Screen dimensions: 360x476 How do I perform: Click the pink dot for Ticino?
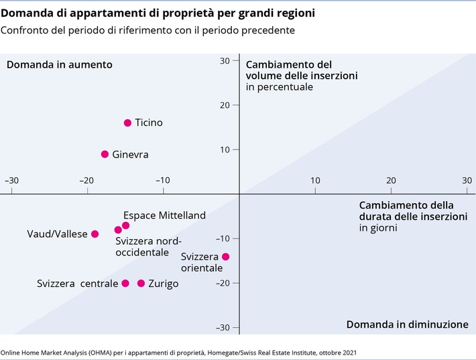coord(127,123)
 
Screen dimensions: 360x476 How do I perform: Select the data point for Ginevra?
coord(105,154)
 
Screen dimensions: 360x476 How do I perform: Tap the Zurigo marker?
coord(141,284)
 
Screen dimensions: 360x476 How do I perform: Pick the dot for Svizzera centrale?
coord(125,284)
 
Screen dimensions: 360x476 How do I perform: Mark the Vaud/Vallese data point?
coord(95,234)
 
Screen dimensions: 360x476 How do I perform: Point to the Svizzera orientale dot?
coord(225,257)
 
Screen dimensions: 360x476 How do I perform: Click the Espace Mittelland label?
coord(164,216)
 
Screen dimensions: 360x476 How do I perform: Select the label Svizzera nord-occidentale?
coord(149,247)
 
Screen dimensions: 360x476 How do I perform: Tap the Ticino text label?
coord(149,123)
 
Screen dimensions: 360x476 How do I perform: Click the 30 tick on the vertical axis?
coord(225,60)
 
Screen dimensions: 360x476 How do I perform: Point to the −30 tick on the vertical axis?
coord(223,327)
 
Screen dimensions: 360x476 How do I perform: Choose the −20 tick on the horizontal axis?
coord(85,180)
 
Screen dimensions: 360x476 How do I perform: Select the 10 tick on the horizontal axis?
coord(314,180)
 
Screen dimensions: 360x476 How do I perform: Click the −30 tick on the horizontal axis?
coord(11,180)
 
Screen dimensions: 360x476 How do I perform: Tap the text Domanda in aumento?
coord(59,64)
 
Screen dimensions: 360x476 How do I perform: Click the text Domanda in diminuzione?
coord(407,324)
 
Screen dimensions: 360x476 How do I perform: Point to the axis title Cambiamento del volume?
coord(301,76)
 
